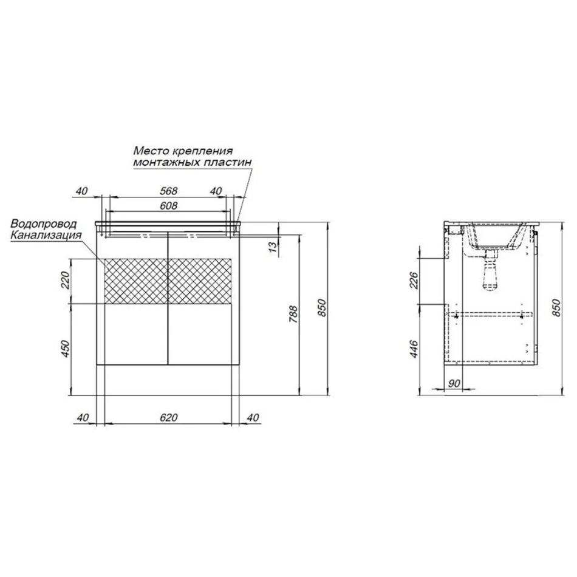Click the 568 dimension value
168,191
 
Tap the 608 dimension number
168,206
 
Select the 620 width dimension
168,418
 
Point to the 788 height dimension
293,314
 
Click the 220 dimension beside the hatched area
65,280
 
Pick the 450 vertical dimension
65,349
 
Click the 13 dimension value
273,247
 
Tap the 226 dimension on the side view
414,280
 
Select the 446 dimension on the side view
414,349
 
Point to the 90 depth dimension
454,383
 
